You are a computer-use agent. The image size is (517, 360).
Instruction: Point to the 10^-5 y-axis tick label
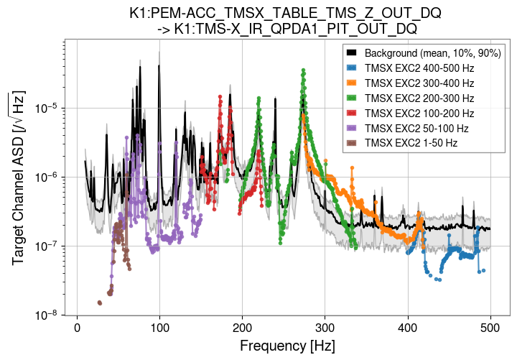(47, 109)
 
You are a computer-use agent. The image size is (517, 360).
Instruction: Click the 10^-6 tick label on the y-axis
(47, 177)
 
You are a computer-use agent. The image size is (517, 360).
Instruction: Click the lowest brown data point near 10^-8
(100, 303)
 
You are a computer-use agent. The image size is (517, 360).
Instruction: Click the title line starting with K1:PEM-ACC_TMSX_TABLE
(285, 14)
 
